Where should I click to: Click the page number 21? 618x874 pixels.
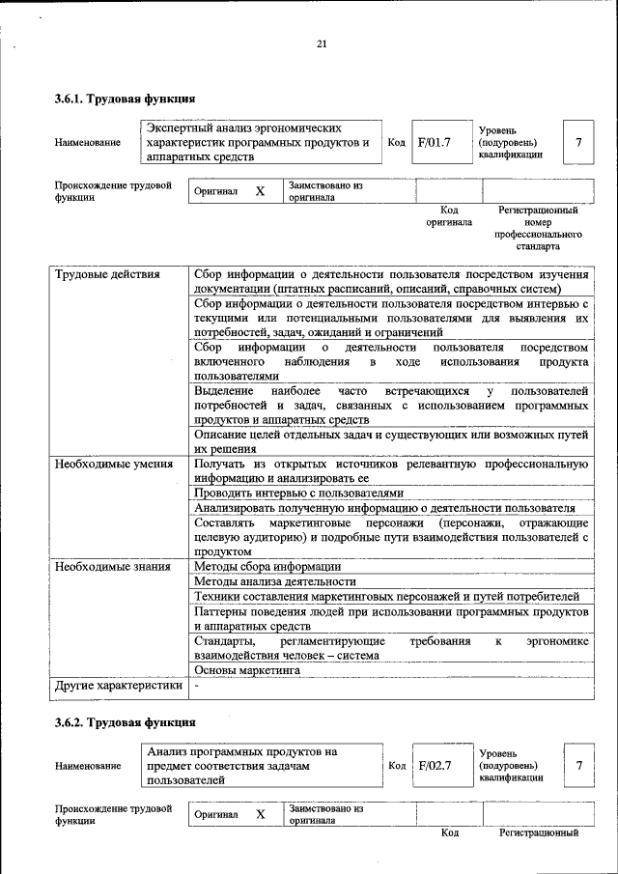point(322,43)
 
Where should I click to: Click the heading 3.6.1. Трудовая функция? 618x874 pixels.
point(125,99)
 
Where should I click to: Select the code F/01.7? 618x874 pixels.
point(435,143)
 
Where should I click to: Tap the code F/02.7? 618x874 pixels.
point(435,765)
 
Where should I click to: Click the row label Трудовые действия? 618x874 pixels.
point(106,274)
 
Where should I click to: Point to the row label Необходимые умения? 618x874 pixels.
point(113,464)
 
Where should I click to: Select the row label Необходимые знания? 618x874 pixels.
point(112,567)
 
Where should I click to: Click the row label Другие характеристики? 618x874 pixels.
point(118,686)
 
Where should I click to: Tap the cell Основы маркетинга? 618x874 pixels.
point(247,669)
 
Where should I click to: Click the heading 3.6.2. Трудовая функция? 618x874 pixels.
point(125,721)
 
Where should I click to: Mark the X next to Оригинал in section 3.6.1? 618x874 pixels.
point(260,191)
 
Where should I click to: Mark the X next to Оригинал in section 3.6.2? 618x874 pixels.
point(260,814)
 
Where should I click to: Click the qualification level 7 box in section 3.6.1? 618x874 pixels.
point(578,143)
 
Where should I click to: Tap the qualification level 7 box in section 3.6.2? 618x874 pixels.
point(578,765)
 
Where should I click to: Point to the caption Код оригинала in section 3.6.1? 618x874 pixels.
point(449,215)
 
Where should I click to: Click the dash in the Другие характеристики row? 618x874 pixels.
point(196,686)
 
